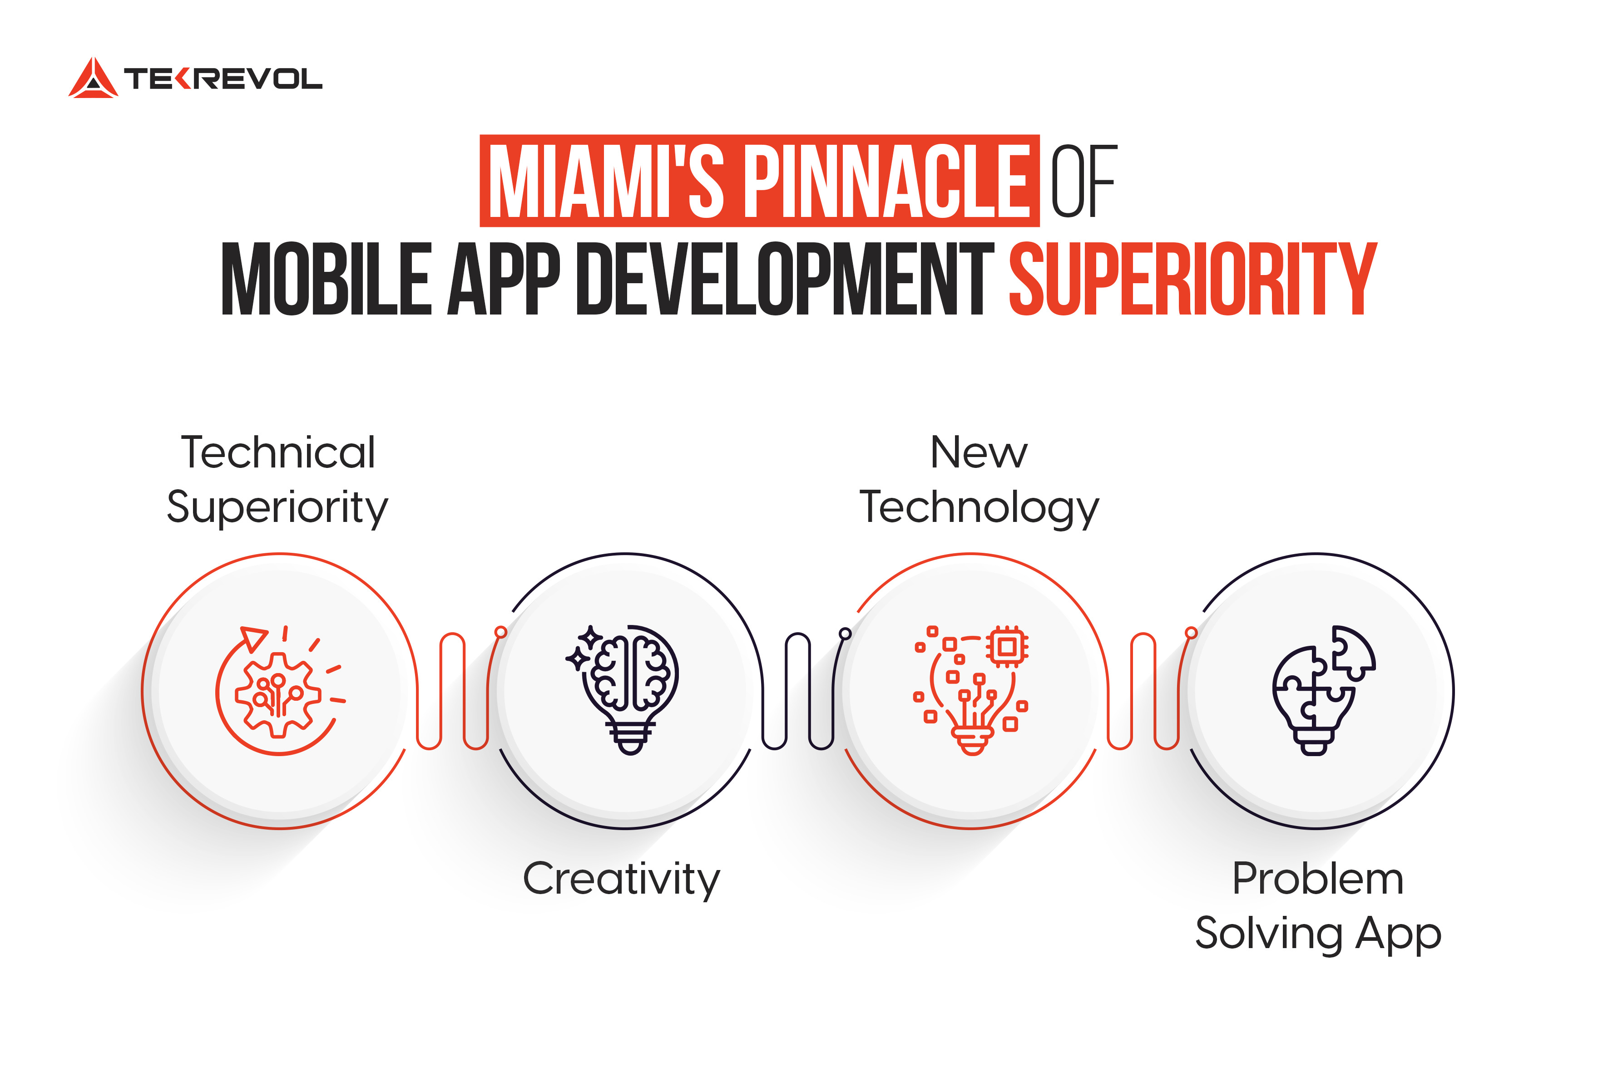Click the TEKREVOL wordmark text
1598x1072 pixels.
[x=223, y=79]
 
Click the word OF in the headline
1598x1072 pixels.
[x=1083, y=181]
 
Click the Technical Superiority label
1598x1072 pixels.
[x=278, y=480]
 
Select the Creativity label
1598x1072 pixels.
[x=621, y=879]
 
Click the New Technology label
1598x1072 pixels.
[x=979, y=480]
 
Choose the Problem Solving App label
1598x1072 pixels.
[x=1317, y=906]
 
